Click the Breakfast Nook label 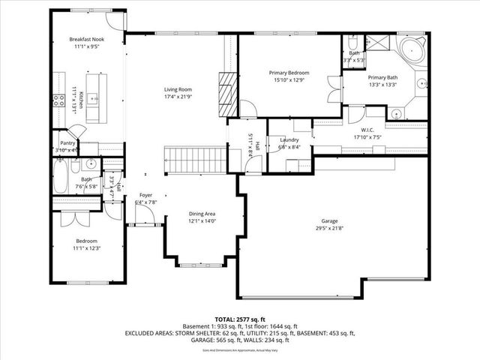tap(87, 38)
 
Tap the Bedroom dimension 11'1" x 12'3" tap(87, 247)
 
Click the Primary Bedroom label tap(289, 73)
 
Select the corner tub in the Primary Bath tap(412, 52)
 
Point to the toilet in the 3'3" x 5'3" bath tap(352, 42)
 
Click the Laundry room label tap(289, 140)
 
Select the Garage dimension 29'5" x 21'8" tap(329, 228)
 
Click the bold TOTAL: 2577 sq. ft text tap(241, 319)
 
